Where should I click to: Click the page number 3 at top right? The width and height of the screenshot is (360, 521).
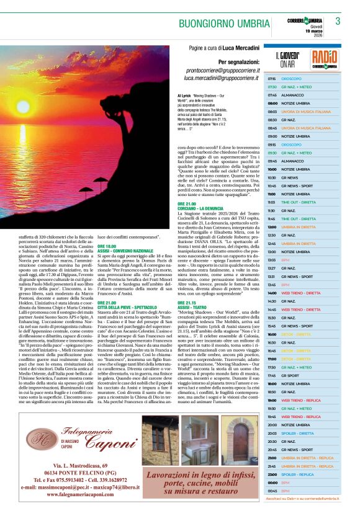point(338,21)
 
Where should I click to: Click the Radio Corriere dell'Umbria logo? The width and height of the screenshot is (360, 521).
point(325,59)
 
